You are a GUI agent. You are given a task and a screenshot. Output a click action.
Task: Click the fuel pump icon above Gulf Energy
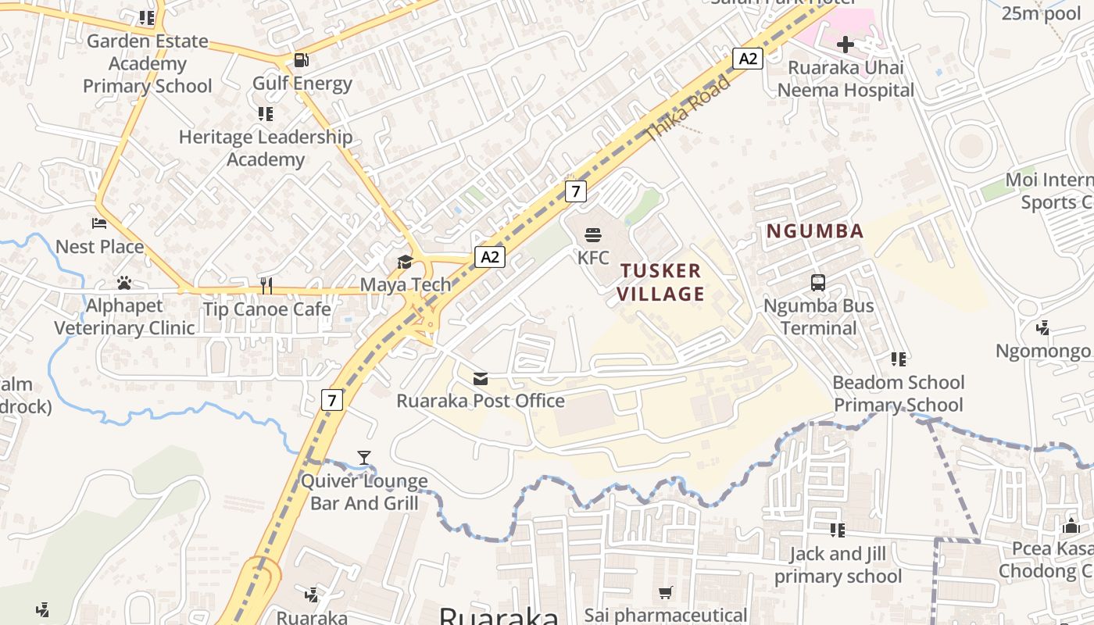point(301,60)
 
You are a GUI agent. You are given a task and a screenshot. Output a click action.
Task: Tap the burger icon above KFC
point(593,234)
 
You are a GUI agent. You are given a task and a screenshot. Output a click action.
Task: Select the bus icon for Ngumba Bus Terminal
point(818,283)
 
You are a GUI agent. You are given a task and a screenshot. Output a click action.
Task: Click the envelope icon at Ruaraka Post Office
point(481,379)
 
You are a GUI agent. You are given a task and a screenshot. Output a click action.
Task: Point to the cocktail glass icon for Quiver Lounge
point(364,458)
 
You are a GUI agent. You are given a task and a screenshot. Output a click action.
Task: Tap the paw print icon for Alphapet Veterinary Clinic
point(123,283)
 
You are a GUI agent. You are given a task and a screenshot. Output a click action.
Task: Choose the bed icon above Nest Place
point(99,224)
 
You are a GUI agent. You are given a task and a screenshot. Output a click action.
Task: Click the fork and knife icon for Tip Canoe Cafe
point(266,286)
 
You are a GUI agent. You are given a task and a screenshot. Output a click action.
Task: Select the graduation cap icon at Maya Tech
point(405,262)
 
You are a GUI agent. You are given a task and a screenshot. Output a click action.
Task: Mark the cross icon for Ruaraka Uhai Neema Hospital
point(845,45)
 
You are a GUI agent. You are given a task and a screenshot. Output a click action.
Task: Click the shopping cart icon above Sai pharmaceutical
point(665,593)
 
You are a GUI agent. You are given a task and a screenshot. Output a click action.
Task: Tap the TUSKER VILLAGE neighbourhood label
point(662,282)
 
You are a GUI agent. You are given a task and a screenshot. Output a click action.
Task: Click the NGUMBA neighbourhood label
point(815,231)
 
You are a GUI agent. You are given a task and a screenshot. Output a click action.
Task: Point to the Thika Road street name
point(688,109)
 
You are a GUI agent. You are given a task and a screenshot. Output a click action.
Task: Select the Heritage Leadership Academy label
point(266,148)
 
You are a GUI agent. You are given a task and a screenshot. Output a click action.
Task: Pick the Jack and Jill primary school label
point(838,565)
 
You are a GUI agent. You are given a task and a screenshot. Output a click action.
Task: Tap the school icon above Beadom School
point(899,359)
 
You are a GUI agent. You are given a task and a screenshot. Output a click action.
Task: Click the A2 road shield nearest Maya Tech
point(490,257)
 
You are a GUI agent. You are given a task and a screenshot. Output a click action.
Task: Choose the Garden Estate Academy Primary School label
point(148,63)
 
